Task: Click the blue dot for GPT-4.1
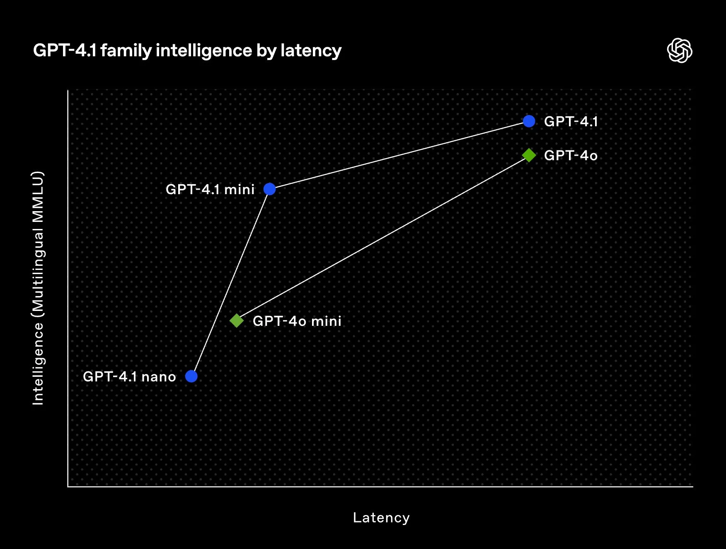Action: (529, 121)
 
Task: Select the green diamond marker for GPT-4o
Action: (529, 155)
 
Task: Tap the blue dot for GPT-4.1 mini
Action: (269, 189)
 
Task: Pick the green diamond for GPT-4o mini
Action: (237, 320)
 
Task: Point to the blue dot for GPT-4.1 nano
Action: (191, 376)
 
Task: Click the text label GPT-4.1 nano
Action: (129, 377)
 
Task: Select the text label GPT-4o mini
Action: (297, 321)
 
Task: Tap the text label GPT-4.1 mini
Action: (210, 189)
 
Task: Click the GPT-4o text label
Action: (571, 156)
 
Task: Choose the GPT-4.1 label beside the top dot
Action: (571, 122)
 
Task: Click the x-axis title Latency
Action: (381, 518)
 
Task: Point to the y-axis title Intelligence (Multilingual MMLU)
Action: (38, 288)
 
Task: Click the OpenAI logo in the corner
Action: (680, 51)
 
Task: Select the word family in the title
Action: (126, 51)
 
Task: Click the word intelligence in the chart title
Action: (204, 51)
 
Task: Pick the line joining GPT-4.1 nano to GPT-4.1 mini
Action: (230, 283)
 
